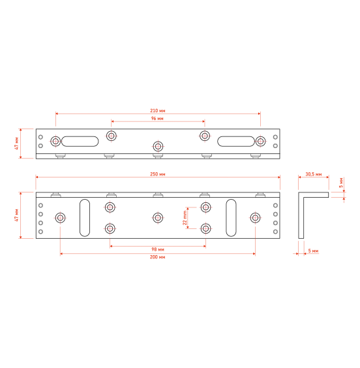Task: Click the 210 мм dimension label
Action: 158,110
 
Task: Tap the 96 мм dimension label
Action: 157,118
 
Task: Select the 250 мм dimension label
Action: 158,174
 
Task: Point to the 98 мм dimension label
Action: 158,249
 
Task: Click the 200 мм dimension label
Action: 157,257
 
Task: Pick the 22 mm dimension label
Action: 185,218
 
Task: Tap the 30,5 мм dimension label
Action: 314,174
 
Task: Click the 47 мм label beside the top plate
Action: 16,144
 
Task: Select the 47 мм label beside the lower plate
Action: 16,215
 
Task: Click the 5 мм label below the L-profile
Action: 313,251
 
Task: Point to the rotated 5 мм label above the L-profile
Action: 341,183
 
